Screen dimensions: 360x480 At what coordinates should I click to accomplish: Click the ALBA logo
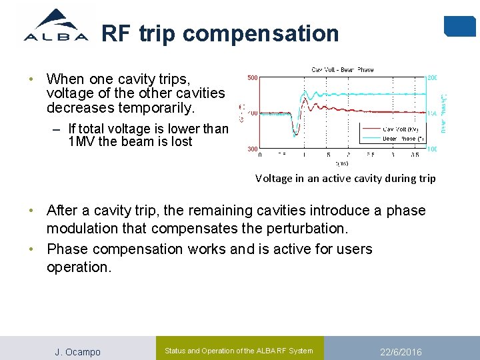[55, 27]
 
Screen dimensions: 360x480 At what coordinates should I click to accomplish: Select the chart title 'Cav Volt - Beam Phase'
[343, 69]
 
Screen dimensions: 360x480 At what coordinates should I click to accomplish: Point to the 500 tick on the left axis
[253, 78]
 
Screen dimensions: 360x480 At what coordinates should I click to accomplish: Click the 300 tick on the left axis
[253, 149]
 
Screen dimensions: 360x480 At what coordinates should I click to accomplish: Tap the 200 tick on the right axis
[432, 78]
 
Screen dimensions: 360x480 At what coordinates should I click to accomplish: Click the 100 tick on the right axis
[432, 149]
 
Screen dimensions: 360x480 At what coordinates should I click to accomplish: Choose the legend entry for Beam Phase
[401, 139]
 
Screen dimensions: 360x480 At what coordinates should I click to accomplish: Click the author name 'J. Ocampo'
[77, 352]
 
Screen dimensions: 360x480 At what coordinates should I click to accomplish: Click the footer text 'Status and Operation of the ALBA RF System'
[239, 351]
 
